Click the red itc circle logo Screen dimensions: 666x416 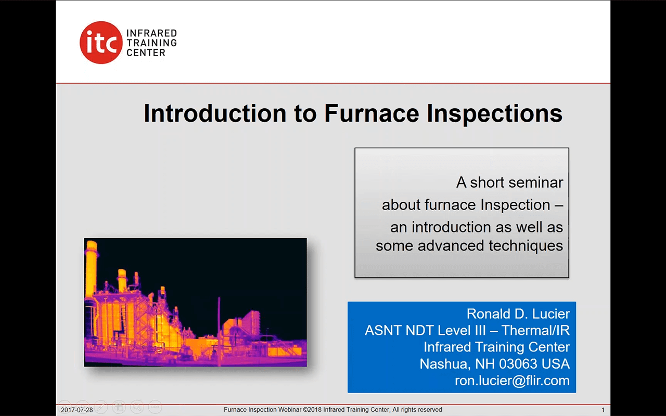tap(101, 43)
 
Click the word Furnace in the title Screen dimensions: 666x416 tap(372, 113)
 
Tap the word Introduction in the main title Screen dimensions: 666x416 tap(215, 113)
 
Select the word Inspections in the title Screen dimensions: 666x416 tap(494, 114)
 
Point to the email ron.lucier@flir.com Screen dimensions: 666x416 tap(512, 381)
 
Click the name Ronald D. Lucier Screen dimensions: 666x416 tap(518, 314)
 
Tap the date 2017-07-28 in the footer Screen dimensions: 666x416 tap(76, 410)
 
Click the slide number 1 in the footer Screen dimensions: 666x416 tap(603, 410)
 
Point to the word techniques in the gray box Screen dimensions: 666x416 tap(526, 246)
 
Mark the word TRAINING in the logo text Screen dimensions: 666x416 tap(151, 43)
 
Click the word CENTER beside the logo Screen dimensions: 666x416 tap(146, 53)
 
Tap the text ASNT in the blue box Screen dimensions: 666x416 tap(381, 330)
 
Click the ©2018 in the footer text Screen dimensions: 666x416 tap(312, 410)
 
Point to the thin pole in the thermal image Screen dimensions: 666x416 tap(219, 330)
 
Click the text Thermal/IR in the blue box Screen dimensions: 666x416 tap(535, 330)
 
